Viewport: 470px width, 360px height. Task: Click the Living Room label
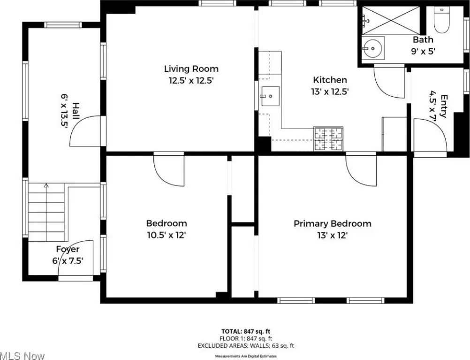point(191,69)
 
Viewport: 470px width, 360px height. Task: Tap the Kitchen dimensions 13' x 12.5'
point(330,92)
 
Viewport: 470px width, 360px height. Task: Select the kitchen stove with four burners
point(328,138)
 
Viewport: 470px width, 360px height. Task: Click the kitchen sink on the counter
point(270,96)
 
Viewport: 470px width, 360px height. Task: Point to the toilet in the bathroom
point(442,19)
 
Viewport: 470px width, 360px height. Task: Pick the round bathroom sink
point(373,47)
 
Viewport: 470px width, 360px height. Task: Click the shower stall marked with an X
point(391,20)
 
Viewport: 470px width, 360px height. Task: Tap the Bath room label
point(423,39)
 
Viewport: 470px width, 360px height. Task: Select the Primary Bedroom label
point(332,223)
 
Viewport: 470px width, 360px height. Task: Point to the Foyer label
point(68,249)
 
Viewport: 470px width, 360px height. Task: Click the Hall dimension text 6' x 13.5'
point(64,110)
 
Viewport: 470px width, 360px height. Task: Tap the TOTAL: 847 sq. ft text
point(246,331)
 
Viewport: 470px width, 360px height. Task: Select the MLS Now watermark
point(22,356)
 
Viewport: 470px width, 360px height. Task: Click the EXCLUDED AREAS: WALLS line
point(246,345)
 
